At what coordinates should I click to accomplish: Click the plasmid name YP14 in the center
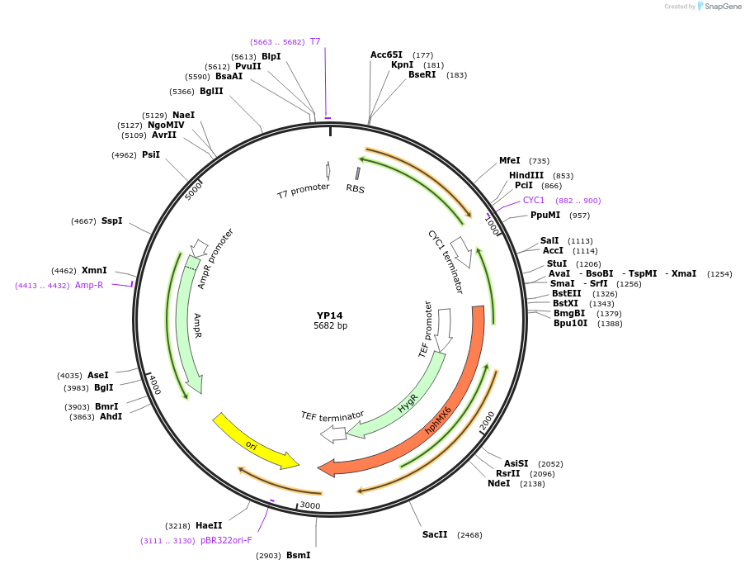[x=329, y=315]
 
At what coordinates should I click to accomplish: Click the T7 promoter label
[x=303, y=192]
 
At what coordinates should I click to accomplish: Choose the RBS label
[x=356, y=188]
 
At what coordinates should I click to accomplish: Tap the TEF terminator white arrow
[x=333, y=434]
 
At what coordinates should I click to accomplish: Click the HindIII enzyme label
[x=526, y=175]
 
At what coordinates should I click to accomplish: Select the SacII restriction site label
[x=435, y=534]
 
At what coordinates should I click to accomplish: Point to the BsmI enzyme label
[x=298, y=555]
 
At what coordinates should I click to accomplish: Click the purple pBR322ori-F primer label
[x=226, y=540]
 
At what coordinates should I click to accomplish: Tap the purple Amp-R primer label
[x=89, y=285]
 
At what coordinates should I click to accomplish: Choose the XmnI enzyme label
[x=94, y=270]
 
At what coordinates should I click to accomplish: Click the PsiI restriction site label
[x=150, y=154]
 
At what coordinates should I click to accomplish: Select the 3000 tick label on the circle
[x=310, y=505]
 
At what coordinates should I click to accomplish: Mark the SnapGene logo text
[x=723, y=7]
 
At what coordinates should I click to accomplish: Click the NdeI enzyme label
[x=499, y=483]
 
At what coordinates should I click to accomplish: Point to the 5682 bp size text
[x=330, y=326]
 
